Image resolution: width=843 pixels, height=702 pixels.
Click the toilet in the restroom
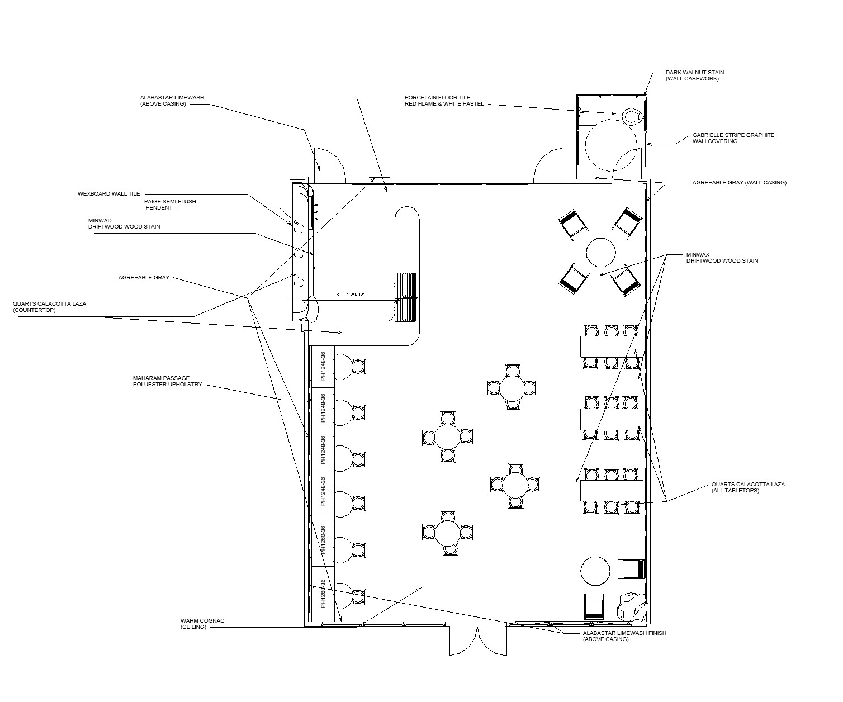coord(632,116)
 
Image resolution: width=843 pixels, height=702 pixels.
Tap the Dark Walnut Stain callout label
coord(695,75)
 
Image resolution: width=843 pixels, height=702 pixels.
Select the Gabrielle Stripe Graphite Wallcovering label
coord(733,138)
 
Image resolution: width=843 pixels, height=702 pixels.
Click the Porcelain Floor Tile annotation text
coord(444,101)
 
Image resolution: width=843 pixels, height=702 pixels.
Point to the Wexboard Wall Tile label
coord(108,194)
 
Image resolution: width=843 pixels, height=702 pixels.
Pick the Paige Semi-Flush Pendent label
coord(170,205)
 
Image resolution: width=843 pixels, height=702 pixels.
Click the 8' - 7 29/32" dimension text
coord(350,295)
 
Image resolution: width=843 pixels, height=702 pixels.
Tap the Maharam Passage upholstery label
coord(167,382)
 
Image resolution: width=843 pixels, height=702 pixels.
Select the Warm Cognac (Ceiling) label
coord(202,624)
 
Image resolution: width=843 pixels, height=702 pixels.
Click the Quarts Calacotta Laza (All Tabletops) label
coord(748,487)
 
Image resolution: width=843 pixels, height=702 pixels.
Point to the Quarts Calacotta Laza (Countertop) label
coord(49,307)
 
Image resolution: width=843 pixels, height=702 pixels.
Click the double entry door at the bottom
coord(477,641)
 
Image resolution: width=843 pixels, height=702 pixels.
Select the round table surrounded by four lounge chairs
coord(601,252)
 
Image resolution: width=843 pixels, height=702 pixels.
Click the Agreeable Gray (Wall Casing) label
coord(739,182)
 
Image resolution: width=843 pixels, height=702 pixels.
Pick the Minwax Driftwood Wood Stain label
coord(722,258)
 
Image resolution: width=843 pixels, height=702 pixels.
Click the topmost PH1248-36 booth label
coord(323,366)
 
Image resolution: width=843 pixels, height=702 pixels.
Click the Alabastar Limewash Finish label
coord(624,636)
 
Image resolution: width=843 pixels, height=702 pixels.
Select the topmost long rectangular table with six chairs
coord(612,347)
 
